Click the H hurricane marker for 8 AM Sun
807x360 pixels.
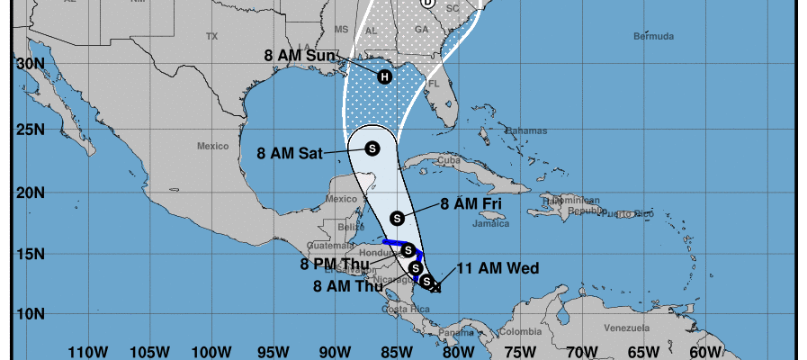(x=385, y=76)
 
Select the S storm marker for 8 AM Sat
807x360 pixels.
(x=372, y=148)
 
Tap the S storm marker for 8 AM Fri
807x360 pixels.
(x=398, y=218)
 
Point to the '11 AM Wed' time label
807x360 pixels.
(x=498, y=268)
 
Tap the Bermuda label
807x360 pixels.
(x=653, y=37)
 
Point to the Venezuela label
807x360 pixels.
(x=627, y=328)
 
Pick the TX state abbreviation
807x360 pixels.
(x=211, y=37)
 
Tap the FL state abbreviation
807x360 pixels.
(x=432, y=84)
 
